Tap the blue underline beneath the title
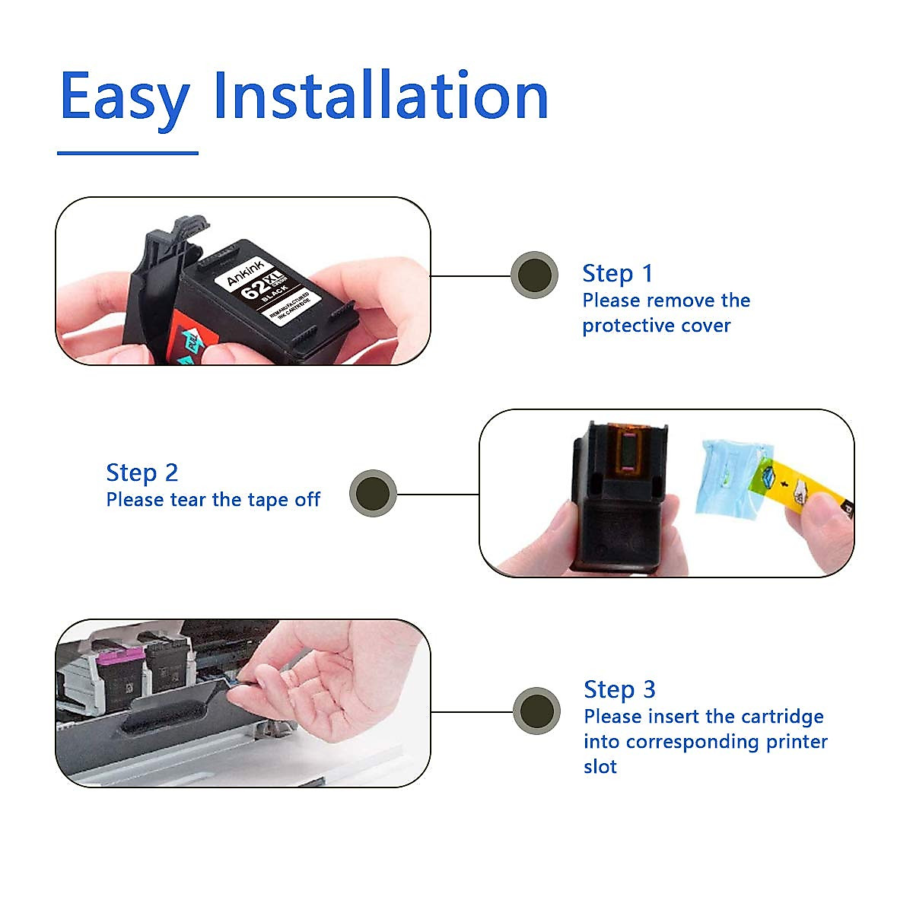128,153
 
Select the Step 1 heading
617,273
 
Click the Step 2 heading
142,472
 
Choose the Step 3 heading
619,689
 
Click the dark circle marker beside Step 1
534,275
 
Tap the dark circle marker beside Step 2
373,493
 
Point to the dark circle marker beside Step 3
536,711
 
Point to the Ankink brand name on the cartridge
245,272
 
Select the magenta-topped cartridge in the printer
114,670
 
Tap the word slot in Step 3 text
600,767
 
